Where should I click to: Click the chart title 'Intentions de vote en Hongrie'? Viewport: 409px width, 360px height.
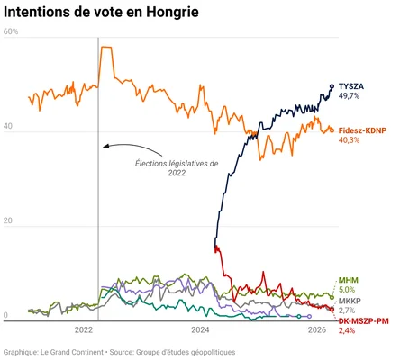[x=102, y=13]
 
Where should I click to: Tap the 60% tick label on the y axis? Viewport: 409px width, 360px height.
[x=11, y=32]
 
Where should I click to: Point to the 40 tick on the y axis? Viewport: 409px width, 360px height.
[x=9, y=127]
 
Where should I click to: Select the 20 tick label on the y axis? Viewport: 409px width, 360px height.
[x=9, y=221]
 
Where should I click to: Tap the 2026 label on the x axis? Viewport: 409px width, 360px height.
[x=317, y=330]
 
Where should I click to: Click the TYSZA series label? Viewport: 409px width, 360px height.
[x=352, y=85]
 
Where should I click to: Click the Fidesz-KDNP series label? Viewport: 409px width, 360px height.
[x=366, y=130]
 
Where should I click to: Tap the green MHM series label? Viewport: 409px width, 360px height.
[x=347, y=280]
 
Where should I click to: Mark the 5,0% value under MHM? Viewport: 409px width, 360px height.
[x=347, y=290]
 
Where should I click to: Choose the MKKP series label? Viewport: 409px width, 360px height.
[x=350, y=301]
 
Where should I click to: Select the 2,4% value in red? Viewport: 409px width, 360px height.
[x=347, y=331]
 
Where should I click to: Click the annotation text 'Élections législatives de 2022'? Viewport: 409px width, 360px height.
[x=177, y=168]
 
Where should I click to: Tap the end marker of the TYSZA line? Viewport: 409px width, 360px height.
[x=332, y=86]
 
